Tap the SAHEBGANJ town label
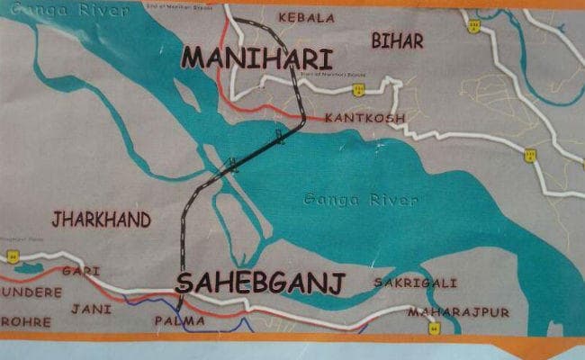(260, 283)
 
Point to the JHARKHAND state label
(101, 220)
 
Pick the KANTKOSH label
(365, 118)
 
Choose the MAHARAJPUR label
(458, 312)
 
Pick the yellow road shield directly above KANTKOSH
(358, 89)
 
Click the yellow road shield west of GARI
(13, 256)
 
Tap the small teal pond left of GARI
(28, 267)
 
